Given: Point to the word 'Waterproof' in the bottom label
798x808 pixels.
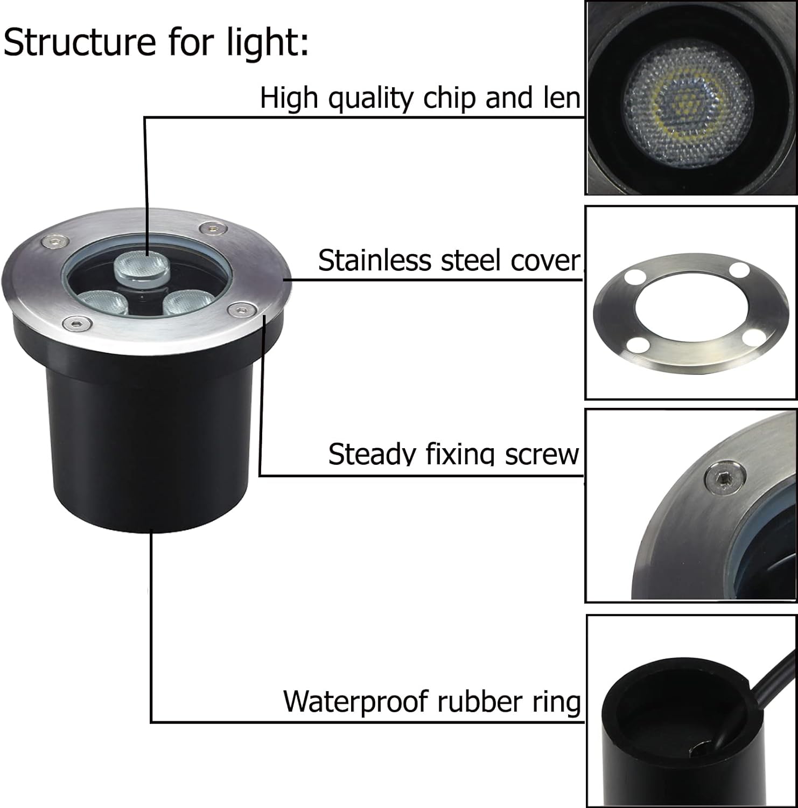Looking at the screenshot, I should (x=356, y=701).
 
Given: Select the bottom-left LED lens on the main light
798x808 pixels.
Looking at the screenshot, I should (x=102, y=302).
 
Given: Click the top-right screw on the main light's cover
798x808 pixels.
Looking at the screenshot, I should (x=214, y=228).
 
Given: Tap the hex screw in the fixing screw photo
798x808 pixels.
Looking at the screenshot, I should (x=725, y=476).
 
